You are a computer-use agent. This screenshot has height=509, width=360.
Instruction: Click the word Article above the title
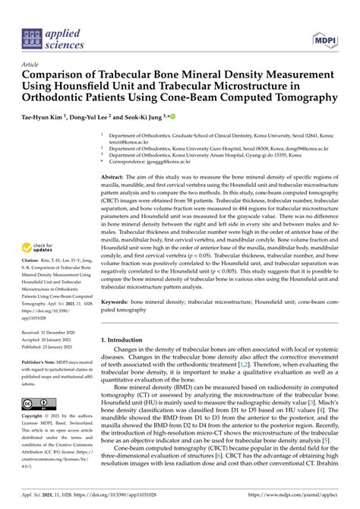click(32, 65)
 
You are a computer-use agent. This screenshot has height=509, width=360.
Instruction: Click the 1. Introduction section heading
click(127, 318)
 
